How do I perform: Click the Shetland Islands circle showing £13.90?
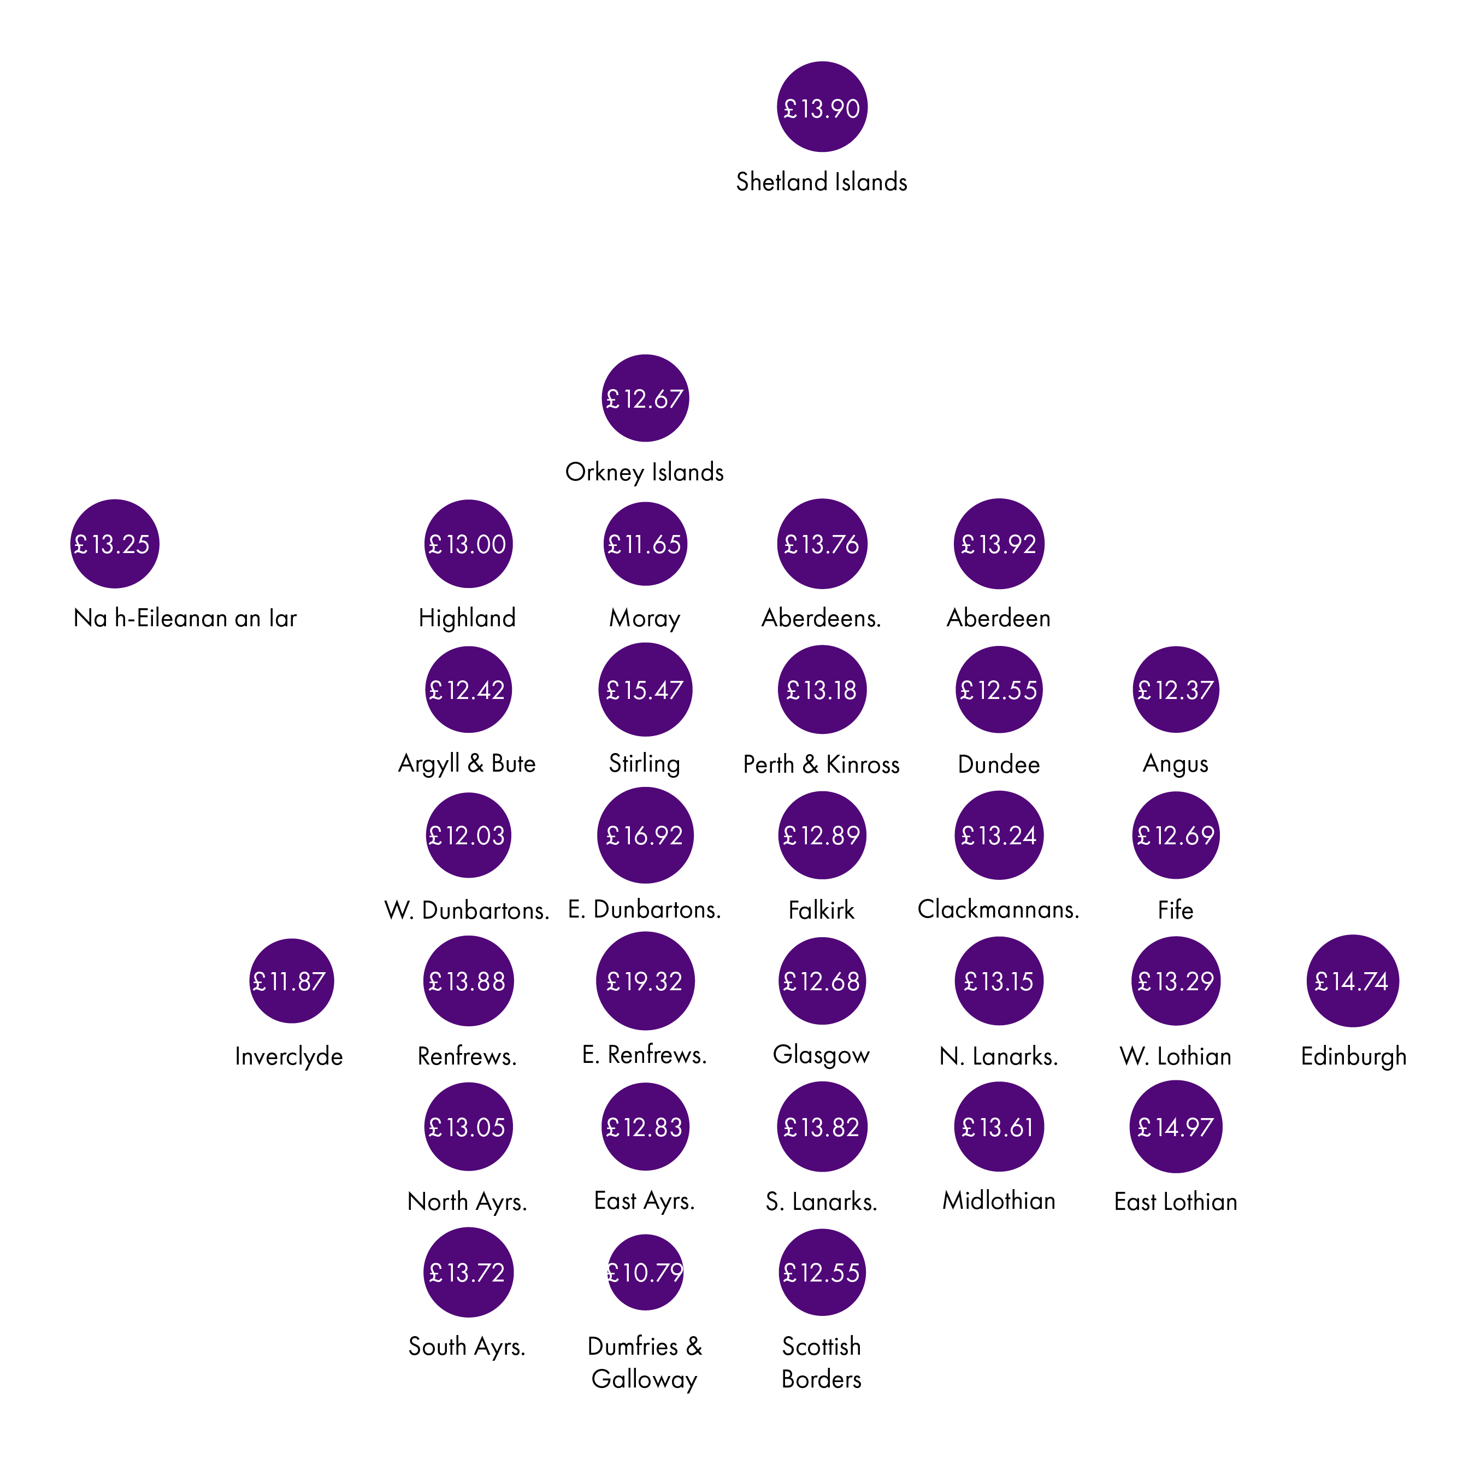click(822, 107)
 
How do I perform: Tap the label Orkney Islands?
click(645, 472)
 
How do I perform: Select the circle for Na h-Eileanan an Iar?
click(115, 543)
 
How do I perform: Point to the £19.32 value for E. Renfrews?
click(645, 981)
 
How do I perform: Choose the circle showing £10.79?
click(645, 1272)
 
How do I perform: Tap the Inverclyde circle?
click(291, 981)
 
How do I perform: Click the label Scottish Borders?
click(822, 1362)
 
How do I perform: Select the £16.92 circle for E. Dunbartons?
click(645, 836)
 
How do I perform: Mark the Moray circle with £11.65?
click(645, 543)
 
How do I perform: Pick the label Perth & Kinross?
click(822, 765)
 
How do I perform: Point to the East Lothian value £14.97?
click(1176, 1127)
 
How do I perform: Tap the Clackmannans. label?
click(998, 909)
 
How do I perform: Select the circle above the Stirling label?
click(645, 689)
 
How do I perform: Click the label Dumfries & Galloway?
click(645, 1362)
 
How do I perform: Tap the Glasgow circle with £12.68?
click(822, 981)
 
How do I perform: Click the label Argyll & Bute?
click(467, 764)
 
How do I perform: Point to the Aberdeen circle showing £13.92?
click(999, 543)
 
